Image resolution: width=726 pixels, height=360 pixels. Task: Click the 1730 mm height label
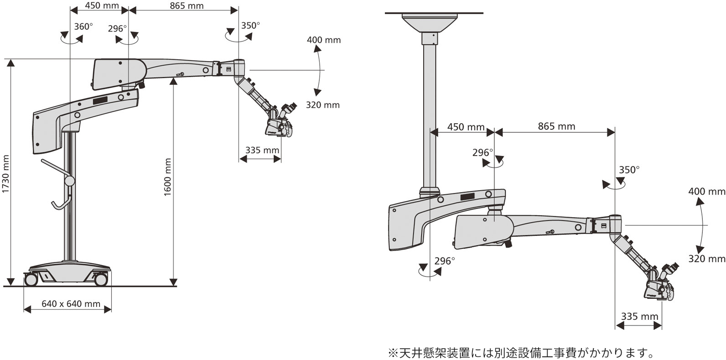tap(6, 174)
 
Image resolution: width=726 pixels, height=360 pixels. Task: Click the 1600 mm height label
tap(168, 177)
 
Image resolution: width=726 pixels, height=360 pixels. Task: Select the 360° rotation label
tap(83, 26)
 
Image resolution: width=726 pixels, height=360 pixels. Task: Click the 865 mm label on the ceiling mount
tap(556, 126)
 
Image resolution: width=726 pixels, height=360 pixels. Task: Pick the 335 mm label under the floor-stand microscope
tap(262, 150)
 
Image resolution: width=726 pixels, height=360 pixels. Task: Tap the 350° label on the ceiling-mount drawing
tap(629, 170)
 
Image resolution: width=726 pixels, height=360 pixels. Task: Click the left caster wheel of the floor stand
tap(31, 279)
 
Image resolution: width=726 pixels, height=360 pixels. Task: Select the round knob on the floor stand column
tap(69, 181)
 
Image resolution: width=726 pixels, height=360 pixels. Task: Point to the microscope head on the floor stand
tap(279, 122)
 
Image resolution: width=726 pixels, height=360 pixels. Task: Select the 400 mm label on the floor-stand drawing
tap(323, 40)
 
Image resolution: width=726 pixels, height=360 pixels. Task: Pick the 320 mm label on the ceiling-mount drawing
tap(706, 259)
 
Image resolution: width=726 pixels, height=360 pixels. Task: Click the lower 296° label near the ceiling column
tap(444, 261)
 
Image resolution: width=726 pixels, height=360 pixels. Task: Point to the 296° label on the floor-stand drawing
tap(117, 29)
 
